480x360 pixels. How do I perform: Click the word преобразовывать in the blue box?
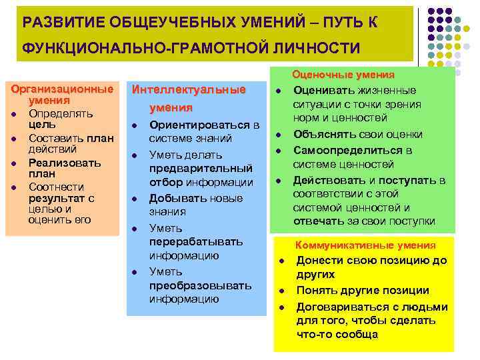pos(200,285)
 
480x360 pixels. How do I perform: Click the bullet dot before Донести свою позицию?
pos(282,261)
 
